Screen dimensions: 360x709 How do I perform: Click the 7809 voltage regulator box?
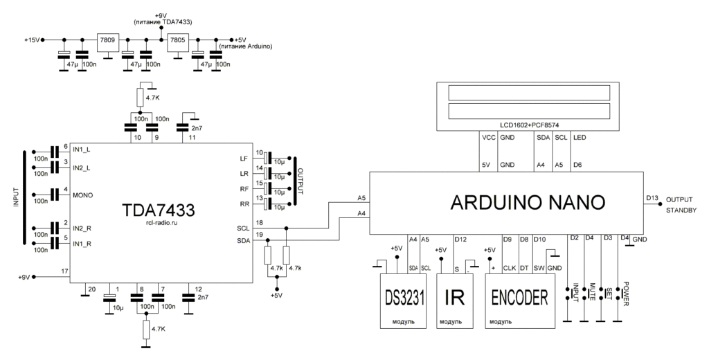pos(108,40)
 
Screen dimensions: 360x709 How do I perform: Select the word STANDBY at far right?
pos(681,211)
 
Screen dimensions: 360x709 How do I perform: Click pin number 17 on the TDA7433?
pos(64,271)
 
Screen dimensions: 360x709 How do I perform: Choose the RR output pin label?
pos(244,205)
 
